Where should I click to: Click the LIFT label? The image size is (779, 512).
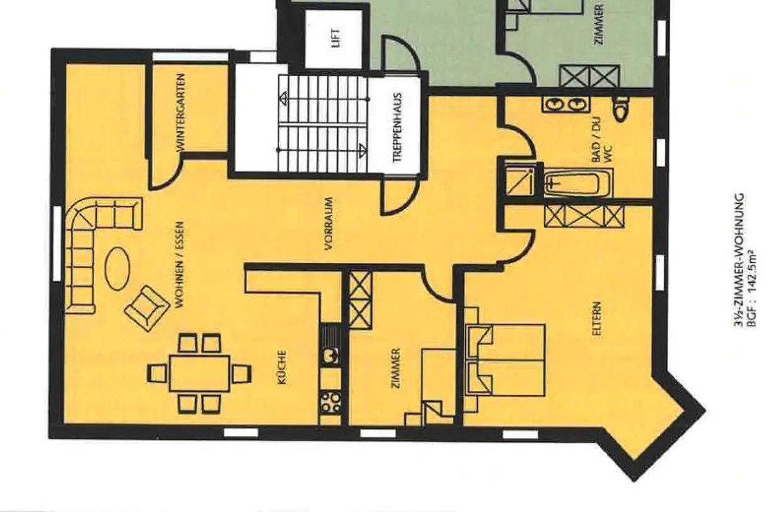[x=336, y=38]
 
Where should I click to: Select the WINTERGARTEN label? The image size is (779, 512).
[x=181, y=112]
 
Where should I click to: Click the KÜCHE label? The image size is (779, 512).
[x=281, y=368]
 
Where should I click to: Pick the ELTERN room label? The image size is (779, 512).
[x=597, y=320]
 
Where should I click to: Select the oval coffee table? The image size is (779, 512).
[x=117, y=269]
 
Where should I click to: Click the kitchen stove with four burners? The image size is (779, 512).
[x=330, y=402]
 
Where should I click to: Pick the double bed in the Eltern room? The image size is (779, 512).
[x=506, y=360]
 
